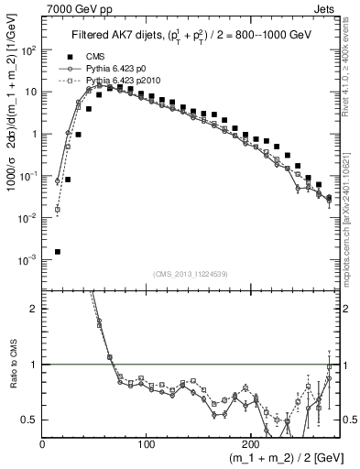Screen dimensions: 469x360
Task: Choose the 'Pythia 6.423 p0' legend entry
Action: [x=115, y=69]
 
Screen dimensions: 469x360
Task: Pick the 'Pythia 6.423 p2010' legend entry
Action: [x=119, y=81]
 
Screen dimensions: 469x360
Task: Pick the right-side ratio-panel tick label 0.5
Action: [x=349, y=420]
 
